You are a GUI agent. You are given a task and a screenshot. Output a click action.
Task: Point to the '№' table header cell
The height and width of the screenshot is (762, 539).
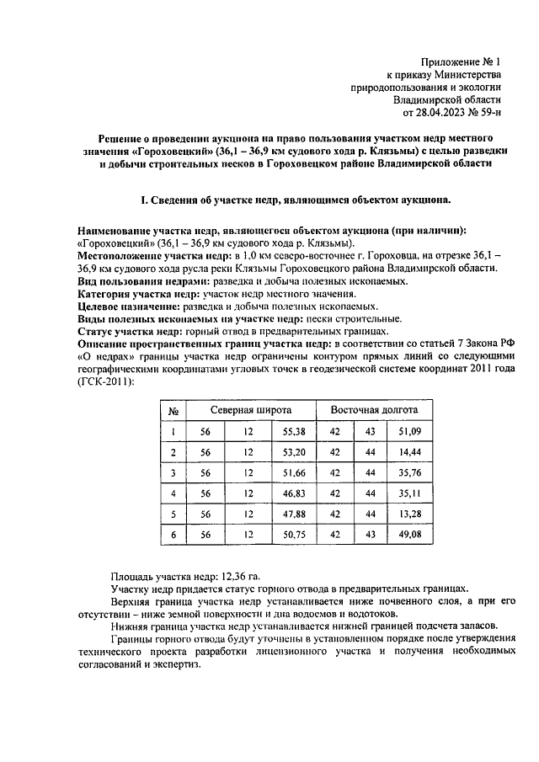click(173, 411)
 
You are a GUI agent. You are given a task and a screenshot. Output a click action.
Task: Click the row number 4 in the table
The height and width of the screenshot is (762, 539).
click(173, 493)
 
